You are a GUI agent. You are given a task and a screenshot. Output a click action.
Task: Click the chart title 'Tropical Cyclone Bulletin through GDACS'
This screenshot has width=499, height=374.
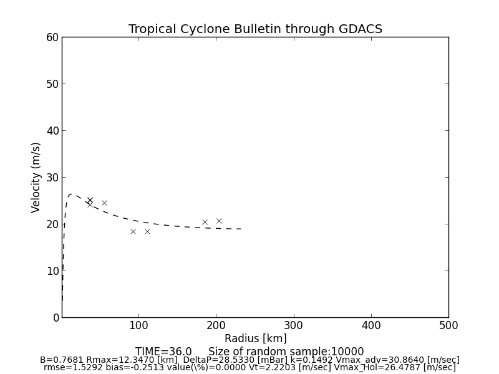(255, 29)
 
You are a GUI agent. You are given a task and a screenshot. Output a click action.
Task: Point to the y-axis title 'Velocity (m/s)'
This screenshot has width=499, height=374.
(36, 177)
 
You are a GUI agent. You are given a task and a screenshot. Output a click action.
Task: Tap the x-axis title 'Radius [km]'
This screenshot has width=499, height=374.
(255, 338)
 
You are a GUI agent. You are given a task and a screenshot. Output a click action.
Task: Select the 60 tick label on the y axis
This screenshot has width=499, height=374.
(52, 37)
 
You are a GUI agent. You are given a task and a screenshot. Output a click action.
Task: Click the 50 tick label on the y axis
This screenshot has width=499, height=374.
(52, 84)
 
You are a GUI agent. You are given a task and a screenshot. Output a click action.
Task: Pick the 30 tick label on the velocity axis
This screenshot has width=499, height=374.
(52, 178)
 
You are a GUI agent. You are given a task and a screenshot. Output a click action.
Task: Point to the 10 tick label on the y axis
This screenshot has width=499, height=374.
(52, 271)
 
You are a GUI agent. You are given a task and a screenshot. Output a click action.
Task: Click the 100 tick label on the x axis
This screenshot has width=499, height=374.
(139, 325)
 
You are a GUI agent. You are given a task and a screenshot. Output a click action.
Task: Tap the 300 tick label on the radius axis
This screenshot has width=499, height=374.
(294, 325)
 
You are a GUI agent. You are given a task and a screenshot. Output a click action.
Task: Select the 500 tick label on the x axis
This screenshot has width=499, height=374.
(448, 325)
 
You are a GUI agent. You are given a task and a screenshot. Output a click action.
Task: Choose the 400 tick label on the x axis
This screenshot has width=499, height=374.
(371, 325)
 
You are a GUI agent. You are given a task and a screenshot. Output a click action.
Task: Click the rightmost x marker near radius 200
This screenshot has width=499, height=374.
(219, 221)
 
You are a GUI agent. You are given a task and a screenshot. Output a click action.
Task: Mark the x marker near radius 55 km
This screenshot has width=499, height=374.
(104, 203)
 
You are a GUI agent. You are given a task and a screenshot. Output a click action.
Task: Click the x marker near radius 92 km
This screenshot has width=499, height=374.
(133, 231)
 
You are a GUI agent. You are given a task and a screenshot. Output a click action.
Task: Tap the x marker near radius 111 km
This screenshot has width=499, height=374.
(147, 231)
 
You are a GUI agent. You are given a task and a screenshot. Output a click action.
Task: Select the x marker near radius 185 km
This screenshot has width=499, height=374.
(205, 222)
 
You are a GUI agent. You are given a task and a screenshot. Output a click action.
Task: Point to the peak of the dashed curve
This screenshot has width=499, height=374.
(71, 194)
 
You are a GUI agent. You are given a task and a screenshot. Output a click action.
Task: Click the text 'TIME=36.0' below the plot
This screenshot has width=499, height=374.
(163, 352)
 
